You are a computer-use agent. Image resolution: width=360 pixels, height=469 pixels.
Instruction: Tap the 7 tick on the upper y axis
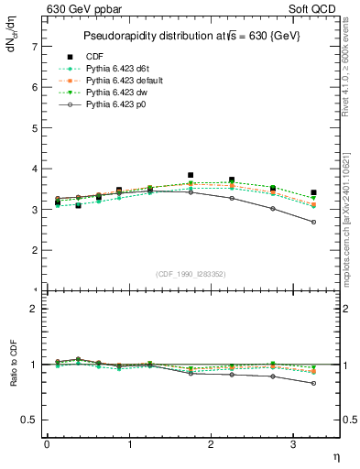(x=34, y=46)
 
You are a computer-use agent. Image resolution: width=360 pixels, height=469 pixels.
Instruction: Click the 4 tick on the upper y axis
(x=34, y=169)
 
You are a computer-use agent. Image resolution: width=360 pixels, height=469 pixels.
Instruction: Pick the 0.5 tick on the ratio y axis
(x=30, y=420)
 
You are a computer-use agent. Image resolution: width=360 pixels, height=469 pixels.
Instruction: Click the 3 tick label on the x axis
(x=292, y=444)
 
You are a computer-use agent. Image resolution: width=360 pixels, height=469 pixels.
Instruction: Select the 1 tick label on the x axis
(x=129, y=444)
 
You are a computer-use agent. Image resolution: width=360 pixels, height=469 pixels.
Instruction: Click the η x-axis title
(x=335, y=455)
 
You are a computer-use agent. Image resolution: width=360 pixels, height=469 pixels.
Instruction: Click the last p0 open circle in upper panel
(x=314, y=222)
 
